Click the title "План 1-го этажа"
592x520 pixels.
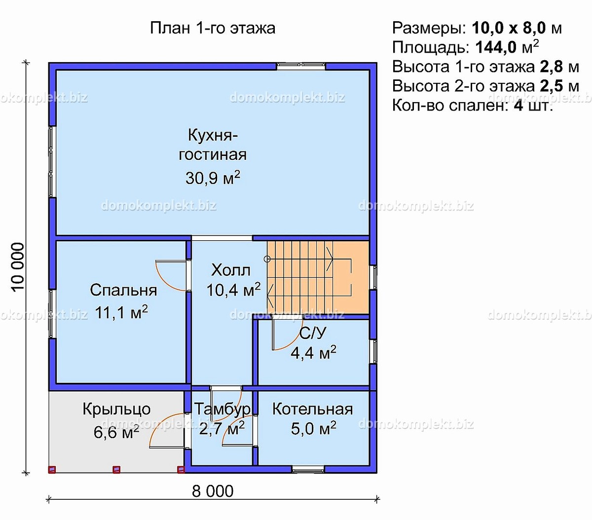click(213, 28)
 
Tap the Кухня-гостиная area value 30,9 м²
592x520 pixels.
click(213, 178)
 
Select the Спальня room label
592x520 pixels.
click(123, 290)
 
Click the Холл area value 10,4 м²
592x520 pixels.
click(233, 290)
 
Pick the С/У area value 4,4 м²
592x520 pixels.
click(313, 353)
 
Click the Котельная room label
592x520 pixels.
click(312, 409)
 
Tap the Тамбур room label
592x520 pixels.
click(222, 409)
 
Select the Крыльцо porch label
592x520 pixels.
click(116, 409)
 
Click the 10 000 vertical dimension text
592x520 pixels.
click(18, 267)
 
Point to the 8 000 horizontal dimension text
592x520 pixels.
click(213, 491)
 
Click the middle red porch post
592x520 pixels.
click(116, 470)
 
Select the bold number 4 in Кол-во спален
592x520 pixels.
click(518, 105)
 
